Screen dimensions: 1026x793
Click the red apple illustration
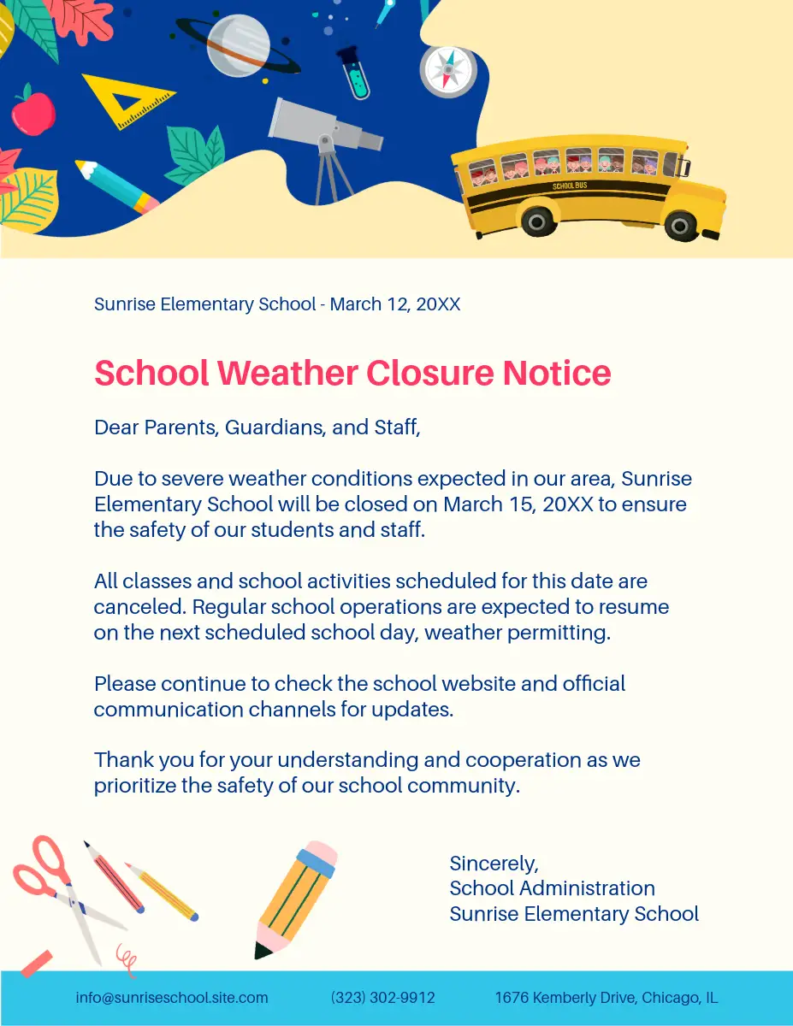click(x=33, y=111)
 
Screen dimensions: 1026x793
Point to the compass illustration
click(x=447, y=70)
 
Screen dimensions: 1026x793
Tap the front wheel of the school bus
click(x=680, y=225)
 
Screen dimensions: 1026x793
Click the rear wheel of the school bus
click(x=537, y=221)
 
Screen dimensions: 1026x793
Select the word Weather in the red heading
click(x=287, y=374)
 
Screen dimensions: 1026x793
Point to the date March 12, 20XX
click(x=395, y=304)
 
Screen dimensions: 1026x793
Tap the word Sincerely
click(x=494, y=863)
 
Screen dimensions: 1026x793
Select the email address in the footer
click(x=172, y=998)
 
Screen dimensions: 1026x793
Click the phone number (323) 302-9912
click(x=382, y=998)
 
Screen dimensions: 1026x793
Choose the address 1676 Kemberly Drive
click(x=606, y=998)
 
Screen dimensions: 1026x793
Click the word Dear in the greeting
click(x=115, y=427)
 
